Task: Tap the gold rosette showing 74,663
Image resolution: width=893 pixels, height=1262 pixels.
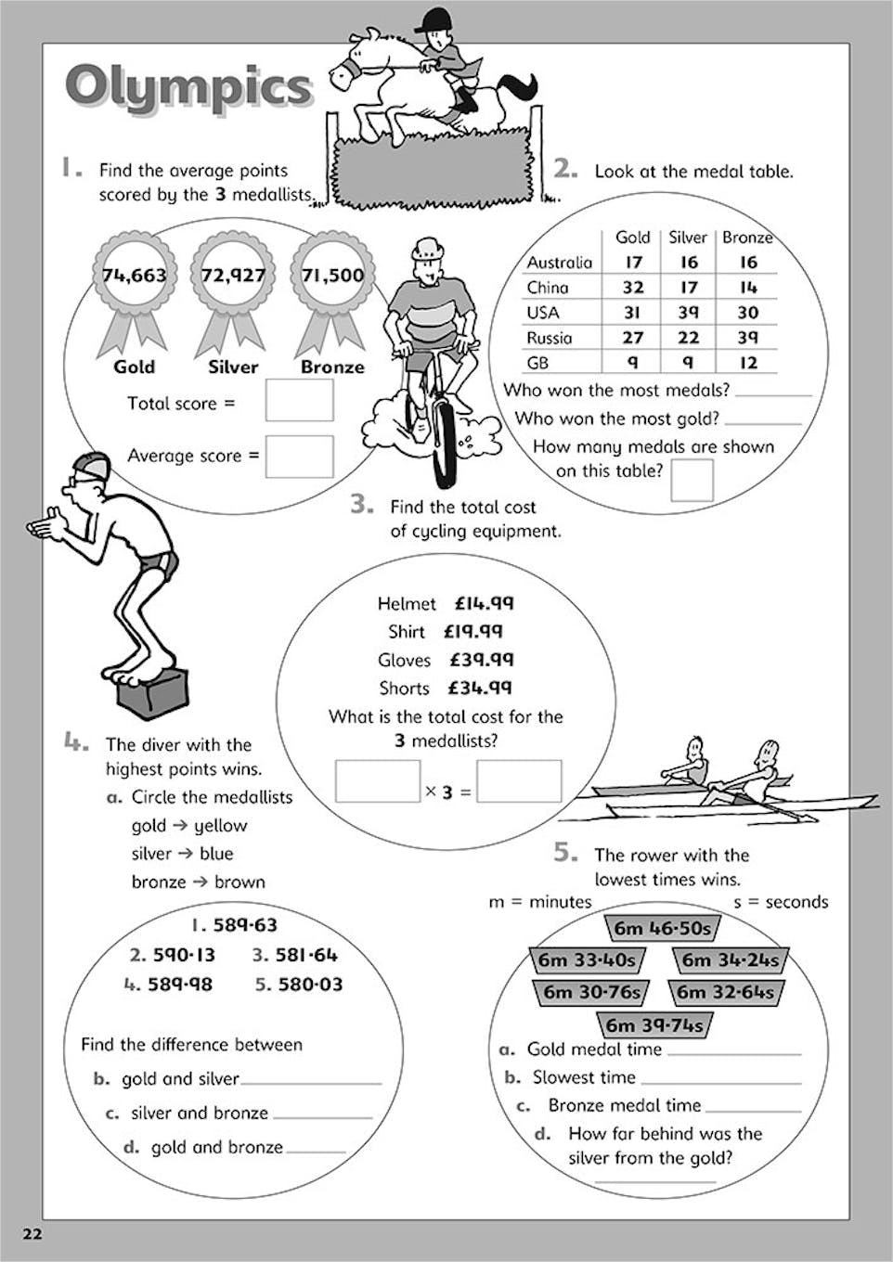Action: (135, 275)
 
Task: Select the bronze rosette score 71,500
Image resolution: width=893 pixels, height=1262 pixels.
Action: (331, 275)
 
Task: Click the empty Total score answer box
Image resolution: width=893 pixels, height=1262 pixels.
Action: (299, 401)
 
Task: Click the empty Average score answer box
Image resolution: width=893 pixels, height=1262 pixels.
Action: (299, 456)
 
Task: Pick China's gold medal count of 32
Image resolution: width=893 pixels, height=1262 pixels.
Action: (633, 288)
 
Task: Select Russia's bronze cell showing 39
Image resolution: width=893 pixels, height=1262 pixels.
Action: (748, 338)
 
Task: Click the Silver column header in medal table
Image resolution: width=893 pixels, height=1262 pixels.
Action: (688, 238)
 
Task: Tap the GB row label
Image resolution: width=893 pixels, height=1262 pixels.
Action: (538, 363)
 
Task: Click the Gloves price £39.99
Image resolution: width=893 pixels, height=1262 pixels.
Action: (482, 660)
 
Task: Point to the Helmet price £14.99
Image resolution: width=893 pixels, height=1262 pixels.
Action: (484, 603)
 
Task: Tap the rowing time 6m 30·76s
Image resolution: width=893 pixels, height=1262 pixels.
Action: (590, 992)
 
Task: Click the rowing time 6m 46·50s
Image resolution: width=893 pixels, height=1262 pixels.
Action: (662, 928)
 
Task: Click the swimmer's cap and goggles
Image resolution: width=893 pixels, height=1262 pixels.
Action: (90, 467)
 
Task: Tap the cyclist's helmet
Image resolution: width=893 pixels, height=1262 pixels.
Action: (427, 248)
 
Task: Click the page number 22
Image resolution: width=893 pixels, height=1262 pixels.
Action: (32, 1234)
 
